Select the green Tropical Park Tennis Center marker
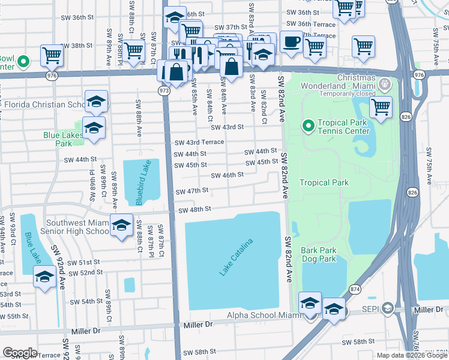coord(308,125)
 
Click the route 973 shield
coord(164,89)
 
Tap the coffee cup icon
coord(291,42)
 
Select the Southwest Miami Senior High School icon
coord(122,225)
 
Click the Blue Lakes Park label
coord(63,139)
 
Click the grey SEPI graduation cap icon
coord(388,308)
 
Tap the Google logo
coord(20,352)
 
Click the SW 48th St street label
coord(195,210)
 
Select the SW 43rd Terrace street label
coord(199,142)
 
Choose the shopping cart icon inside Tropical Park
coord(380,107)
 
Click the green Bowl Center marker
coord(23,61)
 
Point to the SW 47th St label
coord(192,191)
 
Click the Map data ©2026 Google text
coord(412,355)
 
